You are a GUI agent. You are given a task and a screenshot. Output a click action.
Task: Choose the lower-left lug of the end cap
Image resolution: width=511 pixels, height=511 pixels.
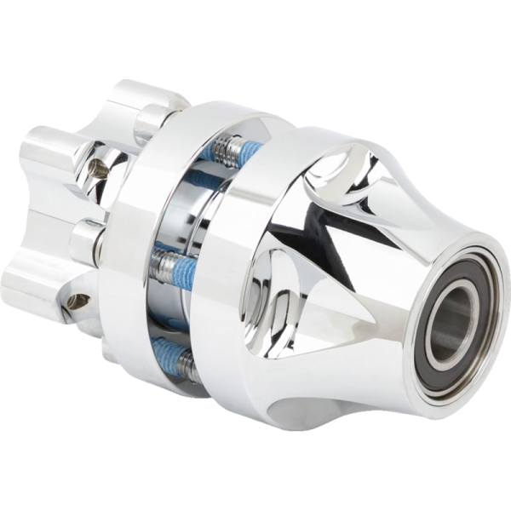[34, 281]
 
